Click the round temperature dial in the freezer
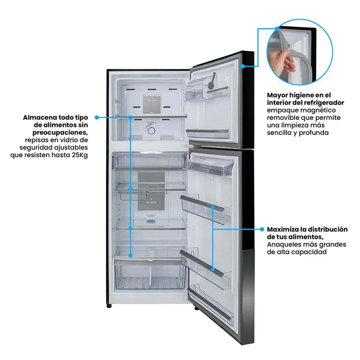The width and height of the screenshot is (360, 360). click(x=151, y=131)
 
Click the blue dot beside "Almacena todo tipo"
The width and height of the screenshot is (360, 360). click(x=97, y=117)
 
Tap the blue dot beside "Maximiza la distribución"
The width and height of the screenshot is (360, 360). click(x=262, y=229)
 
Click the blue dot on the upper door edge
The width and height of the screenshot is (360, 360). click(x=242, y=66)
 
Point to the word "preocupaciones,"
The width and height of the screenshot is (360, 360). click(x=60, y=133)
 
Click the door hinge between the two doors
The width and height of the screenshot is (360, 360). click(x=188, y=145)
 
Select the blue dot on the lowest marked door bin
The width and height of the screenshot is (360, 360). click(x=213, y=269)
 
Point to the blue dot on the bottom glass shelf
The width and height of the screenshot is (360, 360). click(x=131, y=255)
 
